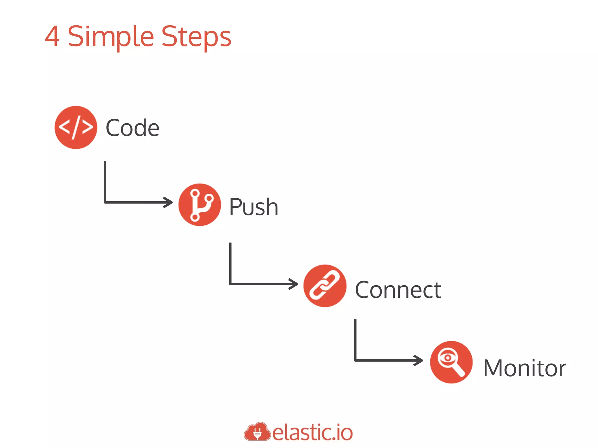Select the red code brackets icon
click(76, 127)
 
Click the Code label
click(132, 128)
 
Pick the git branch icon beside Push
click(200, 204)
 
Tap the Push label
click(253, 207)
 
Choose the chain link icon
click(325, 286)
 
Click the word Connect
click(398, 290)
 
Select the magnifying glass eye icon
click(451, 362)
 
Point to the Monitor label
click(524, 368)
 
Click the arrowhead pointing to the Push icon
click(169, 202)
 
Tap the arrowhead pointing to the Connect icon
click(294, 284)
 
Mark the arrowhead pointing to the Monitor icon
click(419, 360)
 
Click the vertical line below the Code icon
click(105, 181)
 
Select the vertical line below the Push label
click(230, 262)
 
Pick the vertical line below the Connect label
click(355, 339)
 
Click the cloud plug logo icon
click(257, 432)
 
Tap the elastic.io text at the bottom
click(312, 433)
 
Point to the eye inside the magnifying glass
click(447, 358)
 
